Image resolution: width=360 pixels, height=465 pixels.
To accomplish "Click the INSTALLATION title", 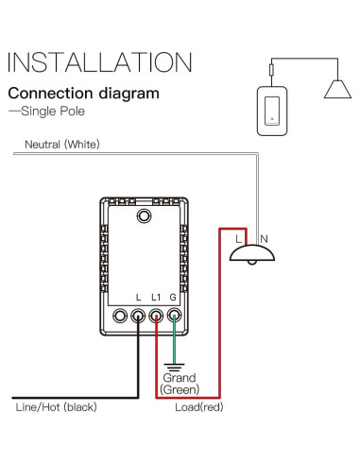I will [x=100, y=62].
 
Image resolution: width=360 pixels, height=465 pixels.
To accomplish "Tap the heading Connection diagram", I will [x=83, y=95].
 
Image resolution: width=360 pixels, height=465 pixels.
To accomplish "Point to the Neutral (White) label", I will [x=61, y=145].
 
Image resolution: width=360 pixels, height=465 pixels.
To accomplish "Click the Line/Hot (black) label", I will [x=56, y=407].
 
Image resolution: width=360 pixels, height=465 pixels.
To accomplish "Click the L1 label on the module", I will [x=156, y=298].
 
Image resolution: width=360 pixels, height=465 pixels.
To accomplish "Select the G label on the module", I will [x=174, y=298].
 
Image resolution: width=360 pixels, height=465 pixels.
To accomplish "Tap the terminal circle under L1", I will [x=156, y=318].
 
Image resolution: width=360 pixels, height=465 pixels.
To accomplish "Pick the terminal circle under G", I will [x=174, y=318].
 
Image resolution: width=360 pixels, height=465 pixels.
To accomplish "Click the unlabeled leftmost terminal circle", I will [x=121, y=318].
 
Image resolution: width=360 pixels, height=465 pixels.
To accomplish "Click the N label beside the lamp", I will [x=265, y=240].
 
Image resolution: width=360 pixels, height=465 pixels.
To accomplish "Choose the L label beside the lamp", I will [x=238, y=240].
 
